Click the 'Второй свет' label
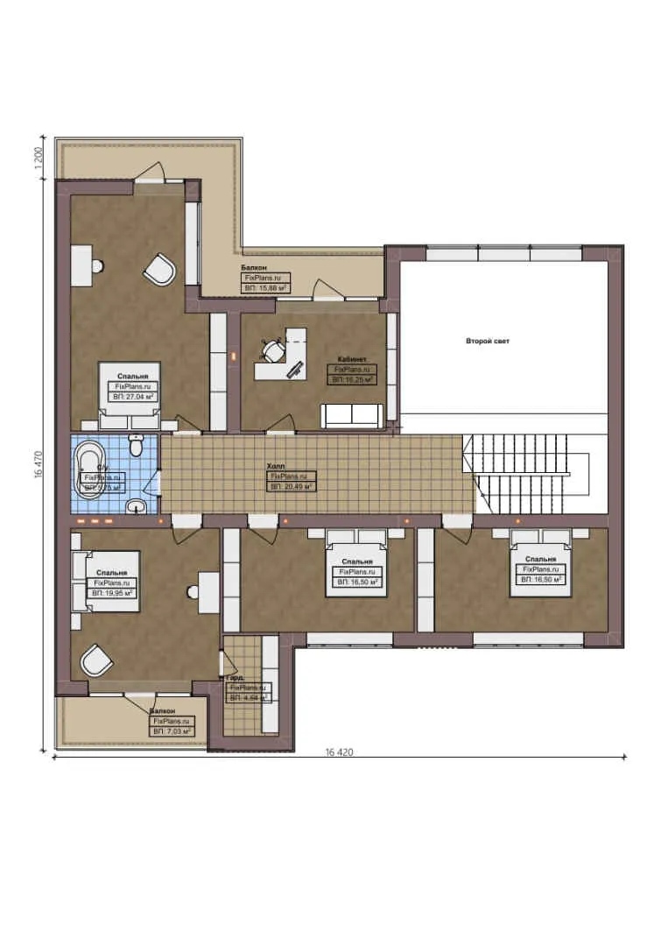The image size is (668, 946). point(487,341)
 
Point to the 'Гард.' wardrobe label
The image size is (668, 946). point(234,678)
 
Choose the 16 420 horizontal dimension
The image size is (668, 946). point(339,752)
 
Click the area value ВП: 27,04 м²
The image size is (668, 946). point(134,397)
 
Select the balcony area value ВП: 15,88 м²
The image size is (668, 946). point(267,286)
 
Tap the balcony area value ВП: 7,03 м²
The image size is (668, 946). point(172,730)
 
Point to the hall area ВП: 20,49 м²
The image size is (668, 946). point(291,486)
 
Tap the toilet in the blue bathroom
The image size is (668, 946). point(136,447)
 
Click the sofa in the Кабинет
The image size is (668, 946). point(351,415)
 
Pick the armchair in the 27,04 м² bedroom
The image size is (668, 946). point(160,270)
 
